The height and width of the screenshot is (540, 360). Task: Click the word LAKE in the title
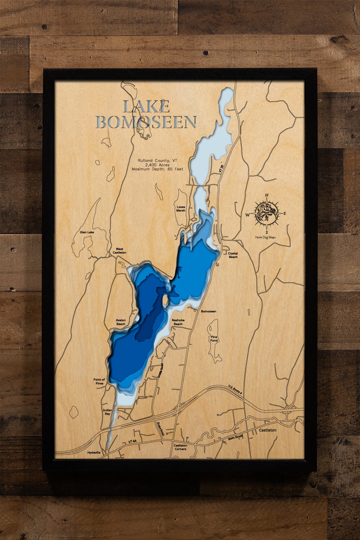[146, 107]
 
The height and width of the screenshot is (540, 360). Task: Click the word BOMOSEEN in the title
[146, 122]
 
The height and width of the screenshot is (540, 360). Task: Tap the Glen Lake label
[87, 232]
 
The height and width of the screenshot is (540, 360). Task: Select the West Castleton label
[119, 251]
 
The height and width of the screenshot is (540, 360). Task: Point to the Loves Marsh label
[181, 209]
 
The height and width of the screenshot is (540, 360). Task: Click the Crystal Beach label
[233, 255]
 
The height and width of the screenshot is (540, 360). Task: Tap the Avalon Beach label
[121, 322]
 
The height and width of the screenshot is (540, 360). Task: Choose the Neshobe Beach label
[178, 322]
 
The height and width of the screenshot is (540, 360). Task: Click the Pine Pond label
[214, 339]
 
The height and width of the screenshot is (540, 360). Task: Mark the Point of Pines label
[99, 381]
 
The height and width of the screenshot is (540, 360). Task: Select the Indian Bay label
[107, 412]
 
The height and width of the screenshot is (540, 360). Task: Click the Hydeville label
[94, 453]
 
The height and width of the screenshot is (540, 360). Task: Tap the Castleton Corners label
[180, 447]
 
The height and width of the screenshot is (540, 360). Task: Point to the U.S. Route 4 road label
[235, 389]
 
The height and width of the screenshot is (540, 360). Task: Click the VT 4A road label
[133, 441]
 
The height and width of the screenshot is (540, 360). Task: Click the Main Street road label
[235, 438]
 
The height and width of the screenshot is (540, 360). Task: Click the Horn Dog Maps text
[265, 237]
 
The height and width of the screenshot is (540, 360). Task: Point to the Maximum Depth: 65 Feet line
[157, 169]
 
